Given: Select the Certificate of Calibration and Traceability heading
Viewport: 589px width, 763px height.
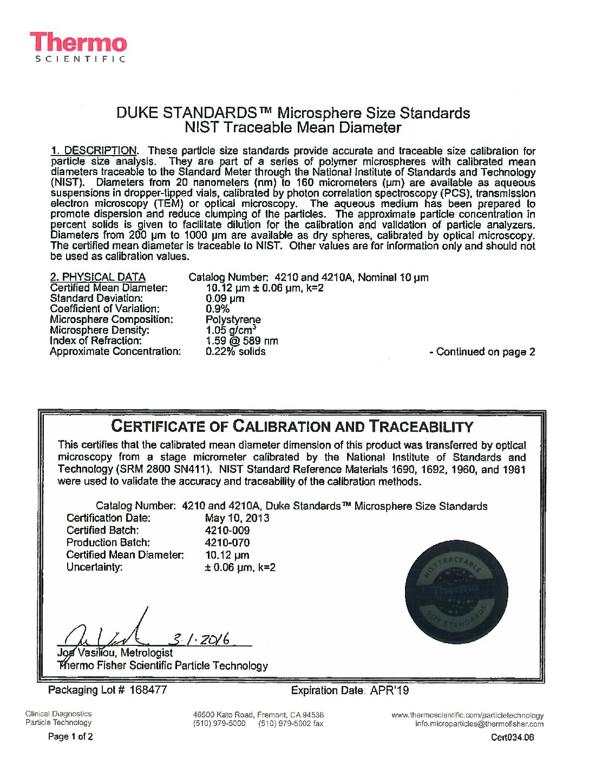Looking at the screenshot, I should point(292,426).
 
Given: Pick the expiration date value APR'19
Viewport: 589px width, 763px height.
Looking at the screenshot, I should point(389,690).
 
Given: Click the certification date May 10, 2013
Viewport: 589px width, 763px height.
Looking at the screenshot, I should point(237,518).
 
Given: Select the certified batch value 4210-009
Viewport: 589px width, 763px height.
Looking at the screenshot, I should point(227,530).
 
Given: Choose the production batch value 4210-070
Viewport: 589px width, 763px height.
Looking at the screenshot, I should point(227,542).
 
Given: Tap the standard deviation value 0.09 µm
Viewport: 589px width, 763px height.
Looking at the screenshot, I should point(225,299).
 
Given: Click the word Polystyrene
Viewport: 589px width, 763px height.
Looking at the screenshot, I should point(233,320).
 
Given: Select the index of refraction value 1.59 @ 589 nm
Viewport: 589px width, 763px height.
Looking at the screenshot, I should point(242,341).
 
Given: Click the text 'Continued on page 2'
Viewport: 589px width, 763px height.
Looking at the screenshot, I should point(482,352).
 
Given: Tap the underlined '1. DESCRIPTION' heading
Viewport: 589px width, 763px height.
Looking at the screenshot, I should point(94,151).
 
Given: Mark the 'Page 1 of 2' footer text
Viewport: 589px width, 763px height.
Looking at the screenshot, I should point(70,736).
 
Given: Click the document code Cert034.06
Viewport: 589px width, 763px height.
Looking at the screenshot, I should point(512,737).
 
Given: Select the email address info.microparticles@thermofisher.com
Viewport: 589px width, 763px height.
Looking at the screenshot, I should point(479,724).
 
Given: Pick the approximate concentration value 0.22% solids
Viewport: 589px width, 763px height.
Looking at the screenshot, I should point(235,351).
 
